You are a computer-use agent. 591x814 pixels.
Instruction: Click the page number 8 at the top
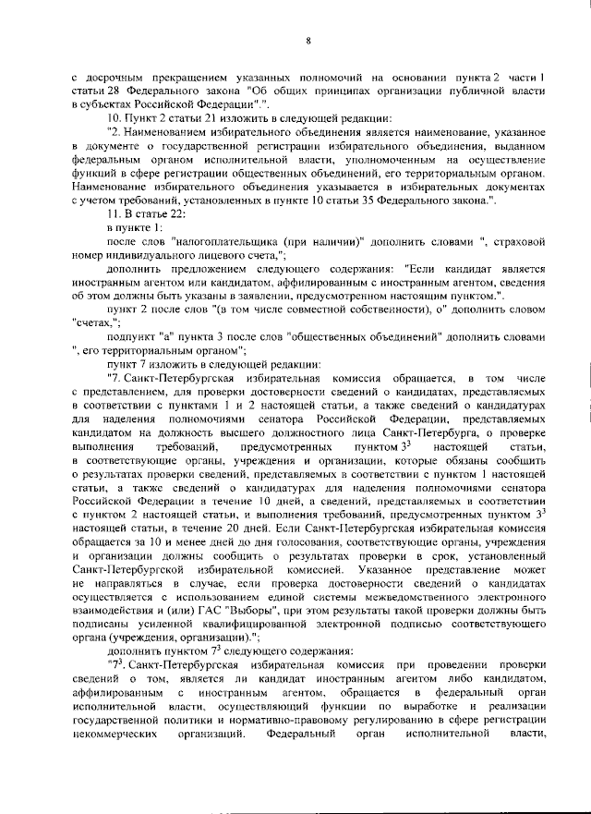[307, 39]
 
